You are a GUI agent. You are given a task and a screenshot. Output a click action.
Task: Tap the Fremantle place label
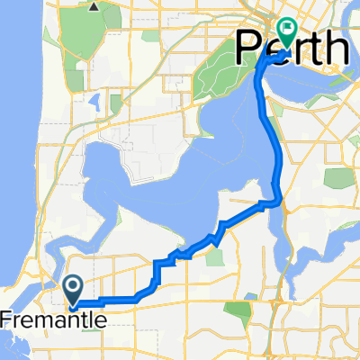tap(53, 319)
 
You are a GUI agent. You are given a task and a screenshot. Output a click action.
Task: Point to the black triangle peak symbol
tap(94, 6)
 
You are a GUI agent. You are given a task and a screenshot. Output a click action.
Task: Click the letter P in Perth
tap(247, 49)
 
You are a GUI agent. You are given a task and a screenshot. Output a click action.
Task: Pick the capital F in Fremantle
tap(6, 319)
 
